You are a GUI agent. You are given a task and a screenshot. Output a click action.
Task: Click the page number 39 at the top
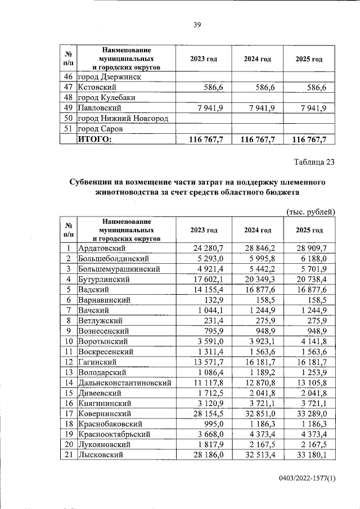point(197,24)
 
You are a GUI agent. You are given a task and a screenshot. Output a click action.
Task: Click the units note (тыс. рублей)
point(311,211)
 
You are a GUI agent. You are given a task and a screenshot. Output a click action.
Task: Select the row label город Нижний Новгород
point(123,118)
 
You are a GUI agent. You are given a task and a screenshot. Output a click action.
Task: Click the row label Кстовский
point(97,87)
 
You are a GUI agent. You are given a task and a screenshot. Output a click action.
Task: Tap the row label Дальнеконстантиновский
point(124,382)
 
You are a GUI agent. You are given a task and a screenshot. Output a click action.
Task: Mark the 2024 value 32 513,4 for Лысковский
point(259,454)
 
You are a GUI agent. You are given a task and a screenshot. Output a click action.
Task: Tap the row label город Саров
point(100,129)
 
